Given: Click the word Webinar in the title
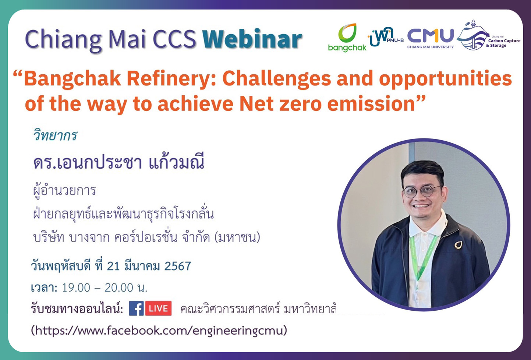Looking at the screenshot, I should pos(252,39).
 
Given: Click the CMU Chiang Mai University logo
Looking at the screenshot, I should pos(430,38).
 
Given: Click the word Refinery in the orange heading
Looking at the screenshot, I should pos(171,78).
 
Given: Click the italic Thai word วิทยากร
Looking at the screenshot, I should pos(55,135).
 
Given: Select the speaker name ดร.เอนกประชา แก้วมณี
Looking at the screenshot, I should pos(119,162).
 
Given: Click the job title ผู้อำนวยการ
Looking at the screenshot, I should pos(64,191).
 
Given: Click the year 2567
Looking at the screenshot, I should pos(178,266).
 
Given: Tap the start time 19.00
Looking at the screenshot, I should pos(76,287).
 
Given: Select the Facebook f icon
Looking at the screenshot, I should pos(136,308).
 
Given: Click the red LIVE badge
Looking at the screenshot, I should pos(159,308).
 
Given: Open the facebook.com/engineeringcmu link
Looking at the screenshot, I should pos(159,330).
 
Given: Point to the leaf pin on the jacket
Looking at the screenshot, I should pos(458,244).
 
